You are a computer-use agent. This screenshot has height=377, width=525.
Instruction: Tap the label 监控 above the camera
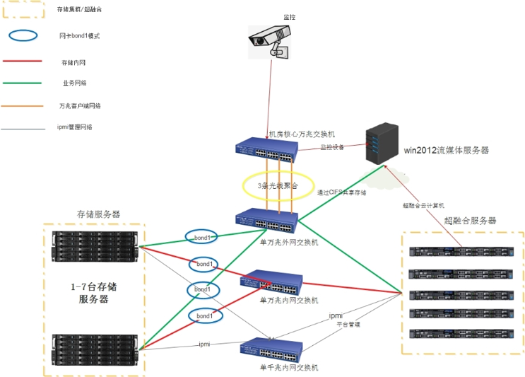[289, 16]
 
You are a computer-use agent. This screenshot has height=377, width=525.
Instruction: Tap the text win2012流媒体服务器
[445, 150]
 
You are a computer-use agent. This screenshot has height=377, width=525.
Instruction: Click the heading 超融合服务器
[470, 221]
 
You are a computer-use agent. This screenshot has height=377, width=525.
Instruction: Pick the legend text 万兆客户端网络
[79, 106]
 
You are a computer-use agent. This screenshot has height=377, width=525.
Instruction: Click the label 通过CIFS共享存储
[341, 192]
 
